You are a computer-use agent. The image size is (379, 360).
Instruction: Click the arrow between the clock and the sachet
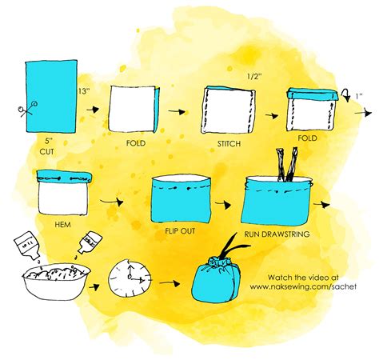tap(167, 281)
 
